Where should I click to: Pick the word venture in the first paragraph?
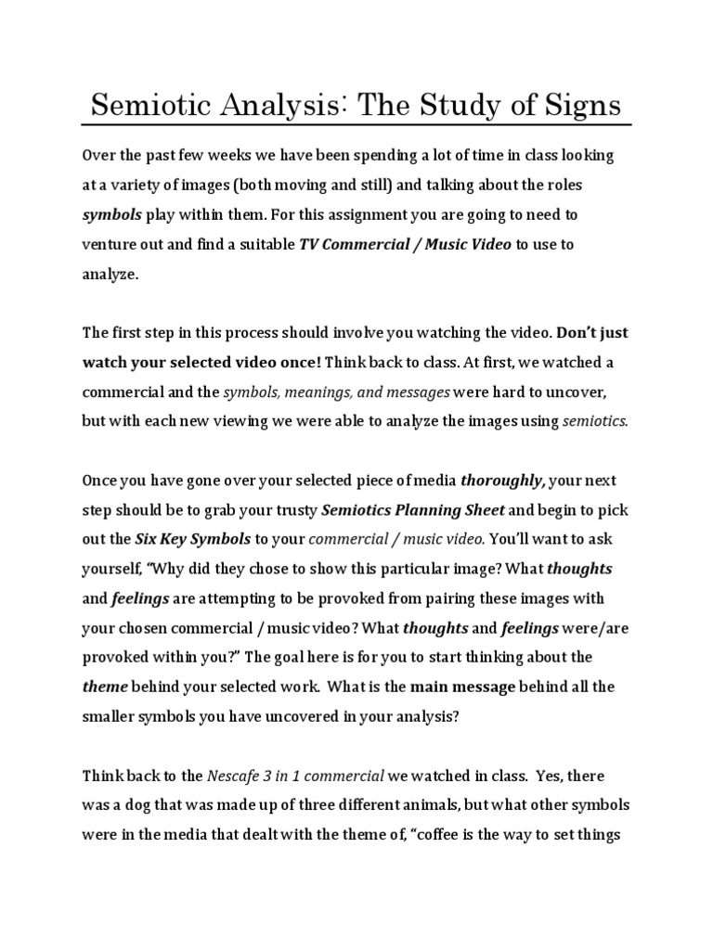point(110,245)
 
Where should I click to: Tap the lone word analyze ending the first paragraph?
point(110,275)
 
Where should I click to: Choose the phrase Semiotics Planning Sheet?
point(412,509)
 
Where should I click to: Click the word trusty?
point(289,509)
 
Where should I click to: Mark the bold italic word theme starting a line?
point(103,687)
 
